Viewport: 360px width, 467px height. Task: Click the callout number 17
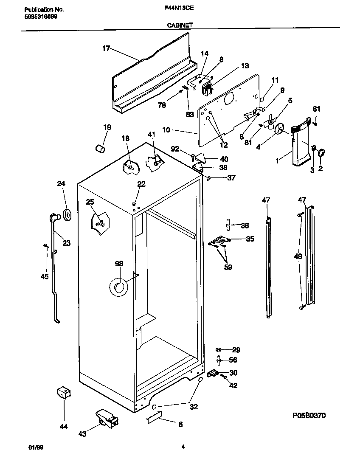click(x=106, y=48)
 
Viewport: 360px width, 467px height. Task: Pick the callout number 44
click(x=64, y=427)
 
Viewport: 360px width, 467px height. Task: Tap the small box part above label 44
click(x=63, y=393)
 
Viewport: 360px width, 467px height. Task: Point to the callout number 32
click(x=194, y=406)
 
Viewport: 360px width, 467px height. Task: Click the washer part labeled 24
click(x=67, y=215)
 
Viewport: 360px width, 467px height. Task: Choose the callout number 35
click(x=250, y=239)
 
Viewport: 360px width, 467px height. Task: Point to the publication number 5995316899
click(x=39, y=16)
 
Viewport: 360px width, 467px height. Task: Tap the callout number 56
click(x=233, y=360)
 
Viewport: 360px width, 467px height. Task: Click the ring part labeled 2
click(x=321, y=152)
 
